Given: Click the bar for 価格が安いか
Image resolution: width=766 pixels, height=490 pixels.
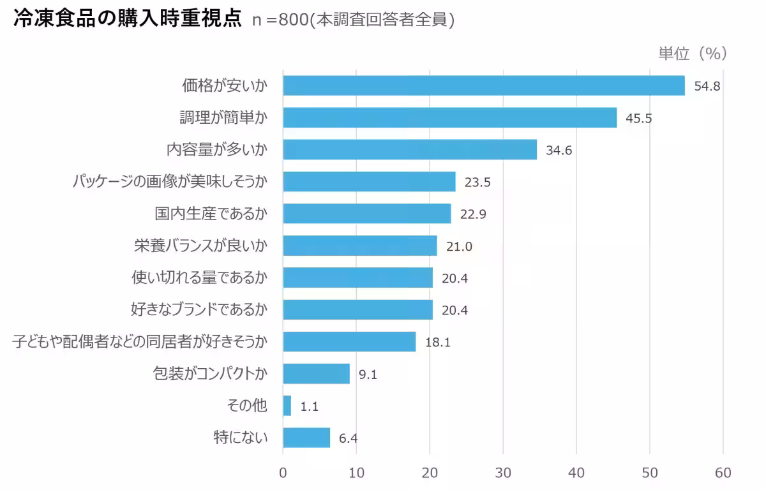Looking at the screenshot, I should coord(483,85).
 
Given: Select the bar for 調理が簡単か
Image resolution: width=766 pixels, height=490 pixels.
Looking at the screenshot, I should coord(449,117).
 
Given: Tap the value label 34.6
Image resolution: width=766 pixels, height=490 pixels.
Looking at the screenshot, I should coord(559,151).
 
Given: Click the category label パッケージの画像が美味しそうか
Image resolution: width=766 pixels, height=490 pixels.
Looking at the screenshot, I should coord(169,182).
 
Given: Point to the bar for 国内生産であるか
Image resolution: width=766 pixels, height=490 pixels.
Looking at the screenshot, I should coord(366,214).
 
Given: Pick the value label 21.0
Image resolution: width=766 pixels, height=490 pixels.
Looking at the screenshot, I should coord(459,247).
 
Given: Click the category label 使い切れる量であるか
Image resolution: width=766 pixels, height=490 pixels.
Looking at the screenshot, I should coord(199,278).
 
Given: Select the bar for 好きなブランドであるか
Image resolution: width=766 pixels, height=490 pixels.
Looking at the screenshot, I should coord(357,310).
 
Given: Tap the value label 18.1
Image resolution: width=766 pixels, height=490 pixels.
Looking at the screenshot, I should coord(438,343).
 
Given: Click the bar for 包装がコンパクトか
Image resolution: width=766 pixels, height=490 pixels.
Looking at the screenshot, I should coord(316,374).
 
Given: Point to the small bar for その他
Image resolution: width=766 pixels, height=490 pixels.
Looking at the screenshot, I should coord(287,406).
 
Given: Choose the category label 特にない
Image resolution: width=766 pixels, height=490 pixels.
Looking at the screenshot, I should coord(240,438).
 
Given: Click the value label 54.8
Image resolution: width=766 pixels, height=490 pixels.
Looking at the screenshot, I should coord(707,86).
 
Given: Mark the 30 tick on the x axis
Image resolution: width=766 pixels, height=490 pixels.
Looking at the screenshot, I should coord(503,473).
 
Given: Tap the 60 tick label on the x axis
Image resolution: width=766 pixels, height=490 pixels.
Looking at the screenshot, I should coord(723,473).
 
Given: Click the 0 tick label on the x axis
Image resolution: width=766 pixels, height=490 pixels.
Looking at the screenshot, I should coord(283,473).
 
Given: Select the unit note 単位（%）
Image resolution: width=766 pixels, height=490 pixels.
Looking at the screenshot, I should coord(693,54).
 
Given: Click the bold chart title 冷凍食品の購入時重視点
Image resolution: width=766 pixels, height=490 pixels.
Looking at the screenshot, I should coord(127,19).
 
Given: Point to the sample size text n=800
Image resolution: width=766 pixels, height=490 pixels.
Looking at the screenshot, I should coord(280,20).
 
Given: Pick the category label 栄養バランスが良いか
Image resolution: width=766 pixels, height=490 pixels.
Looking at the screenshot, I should coord(200,246).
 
